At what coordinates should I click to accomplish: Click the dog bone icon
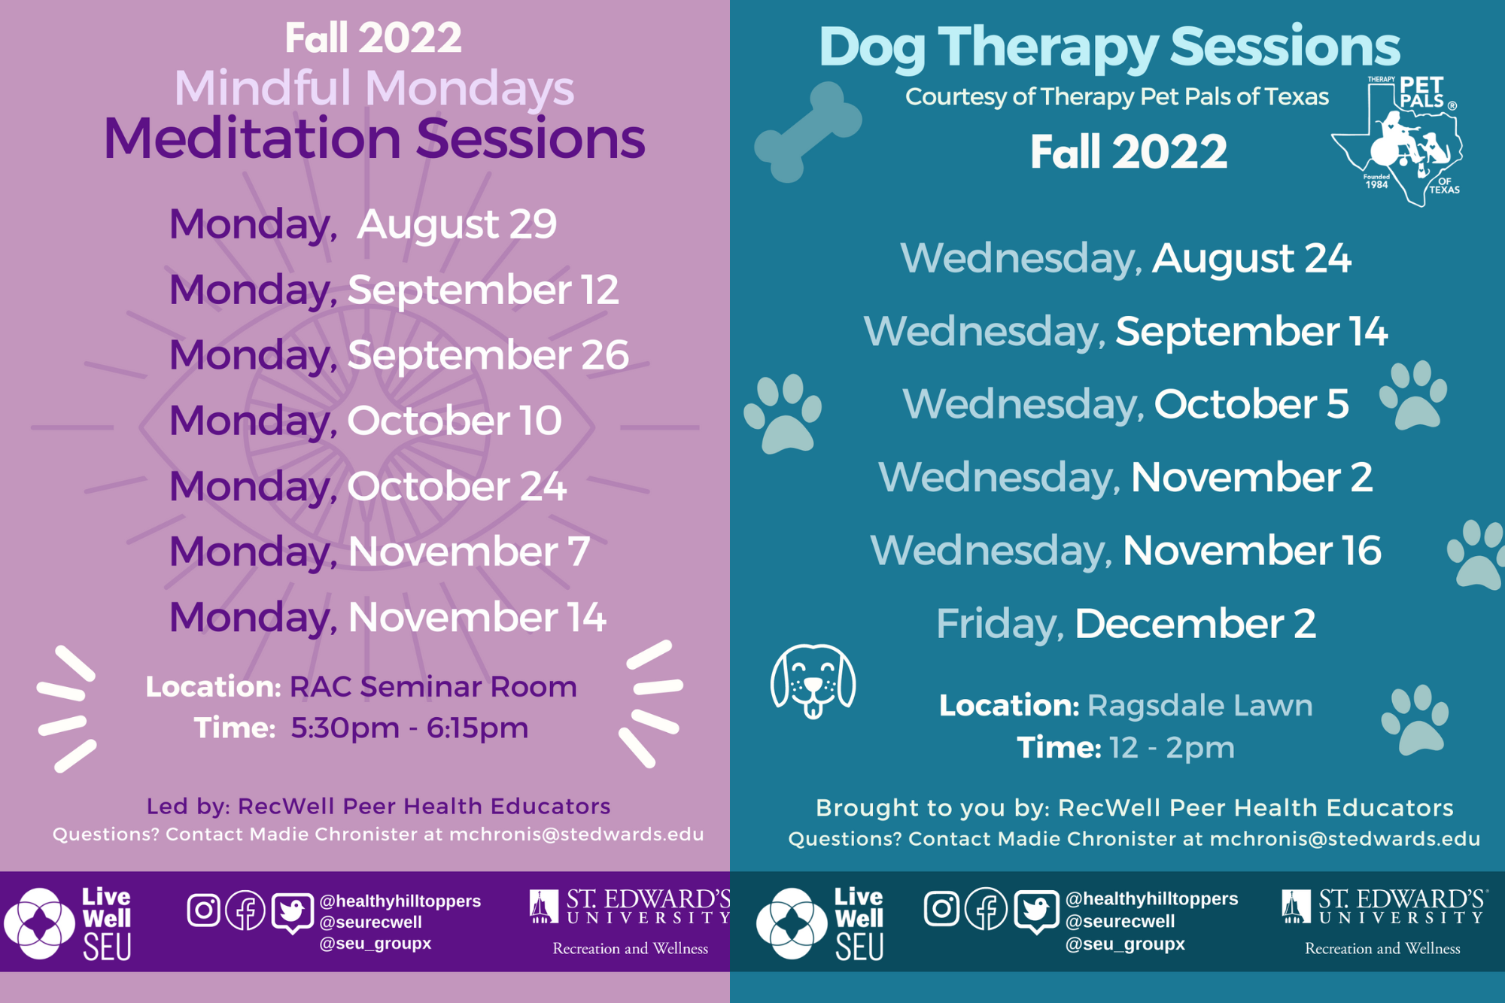tap(808, 132)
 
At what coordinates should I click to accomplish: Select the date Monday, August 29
tap(363, 224)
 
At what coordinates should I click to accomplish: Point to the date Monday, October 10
tap(366, 421)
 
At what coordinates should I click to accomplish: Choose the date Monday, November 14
tap(388, 617)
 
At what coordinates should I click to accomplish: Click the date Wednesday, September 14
tap(1126, 332)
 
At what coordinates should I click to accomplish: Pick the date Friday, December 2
tap(1126, 624)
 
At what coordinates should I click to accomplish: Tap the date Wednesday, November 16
tap(1126, 550)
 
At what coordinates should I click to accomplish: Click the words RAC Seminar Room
tap(433, 686)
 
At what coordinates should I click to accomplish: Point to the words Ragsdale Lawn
tap(1200, 705)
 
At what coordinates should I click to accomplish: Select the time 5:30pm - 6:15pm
tap(409, 728)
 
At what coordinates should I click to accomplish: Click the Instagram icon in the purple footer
tap(203, 910)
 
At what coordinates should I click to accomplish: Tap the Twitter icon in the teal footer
tap(1035, 910)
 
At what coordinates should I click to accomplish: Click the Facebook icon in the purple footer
tap(245, 910)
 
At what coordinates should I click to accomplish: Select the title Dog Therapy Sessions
tap(1109, 47)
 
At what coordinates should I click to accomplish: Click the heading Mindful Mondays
tap(374, 88)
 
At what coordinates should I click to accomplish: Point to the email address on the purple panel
tap(576, 834)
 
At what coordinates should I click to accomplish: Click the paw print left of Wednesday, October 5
tap(783, 413)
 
